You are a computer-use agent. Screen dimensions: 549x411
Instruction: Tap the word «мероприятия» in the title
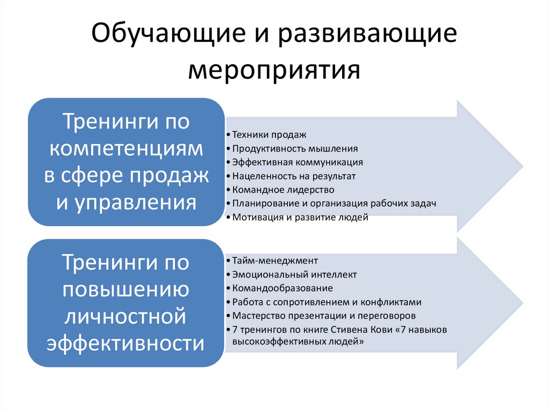coord(274,69)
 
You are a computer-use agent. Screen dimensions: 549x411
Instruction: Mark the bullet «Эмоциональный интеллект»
coord(294,274)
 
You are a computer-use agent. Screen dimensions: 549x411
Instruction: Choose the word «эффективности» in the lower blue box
coord(127,342)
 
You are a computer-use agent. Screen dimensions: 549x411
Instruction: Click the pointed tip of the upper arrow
coord(521,166)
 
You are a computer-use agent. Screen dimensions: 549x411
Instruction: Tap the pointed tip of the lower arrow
coord(521,303)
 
